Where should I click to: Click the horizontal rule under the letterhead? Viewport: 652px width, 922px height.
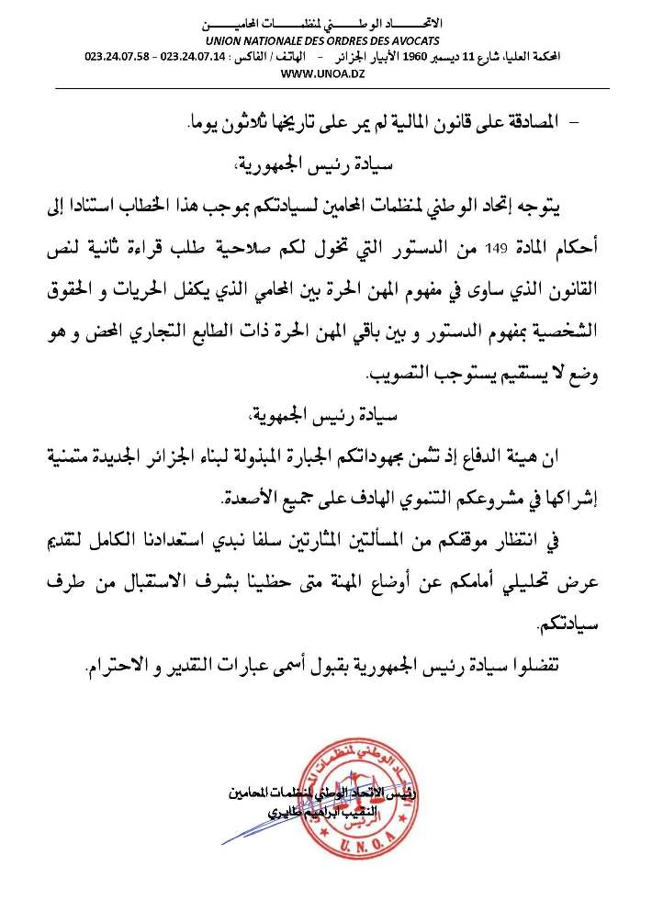[326, 88]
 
